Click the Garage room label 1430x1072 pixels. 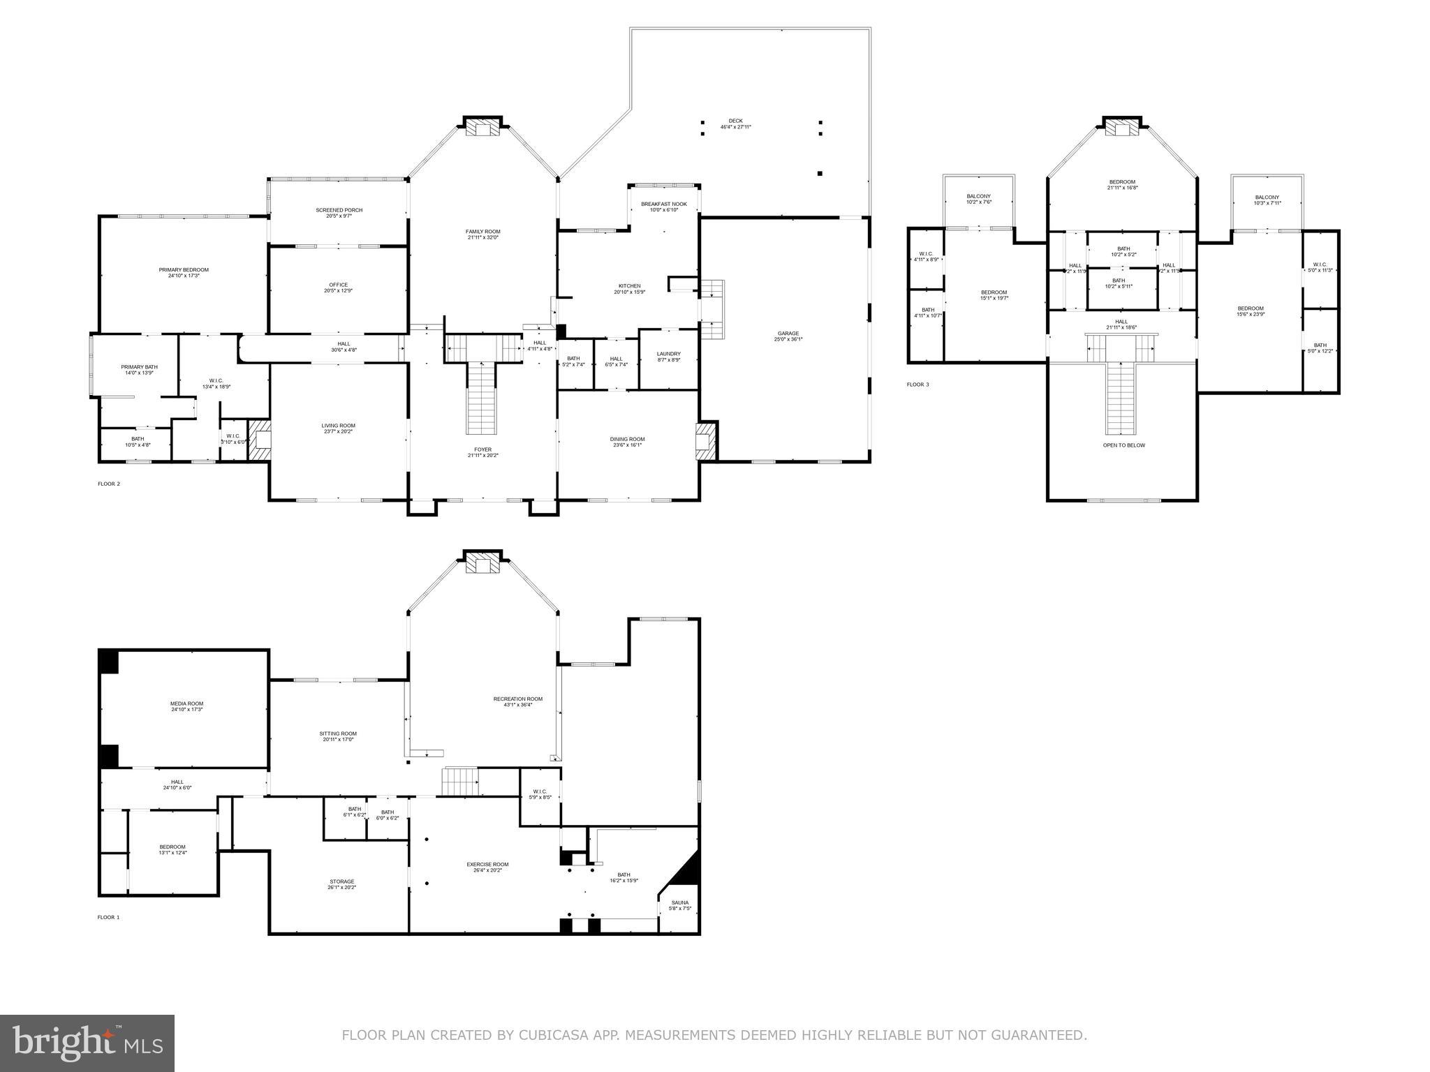[x=788, y=336]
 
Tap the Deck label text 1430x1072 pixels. [x=735, y=124]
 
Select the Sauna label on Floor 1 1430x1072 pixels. [x=679, y=905]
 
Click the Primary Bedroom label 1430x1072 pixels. [x=184, y=272]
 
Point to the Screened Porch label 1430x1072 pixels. [x=339, y=213]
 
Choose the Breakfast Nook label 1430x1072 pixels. [x=663, y=207]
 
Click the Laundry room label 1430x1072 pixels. [x=668, y=356]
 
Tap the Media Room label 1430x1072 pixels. [x=186, y=706]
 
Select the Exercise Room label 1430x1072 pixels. [x=487, y=867]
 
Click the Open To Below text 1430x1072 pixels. [x=1123, y=445]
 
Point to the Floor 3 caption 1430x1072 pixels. [x=917, y=385]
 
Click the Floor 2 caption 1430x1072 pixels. [x=108, y=484]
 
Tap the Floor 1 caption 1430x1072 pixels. [x=108, y=917]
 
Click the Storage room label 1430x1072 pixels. [x=341, y=884]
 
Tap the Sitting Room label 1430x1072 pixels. [x=339, y=736]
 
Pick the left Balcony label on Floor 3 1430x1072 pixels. [x=978, y=199]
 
